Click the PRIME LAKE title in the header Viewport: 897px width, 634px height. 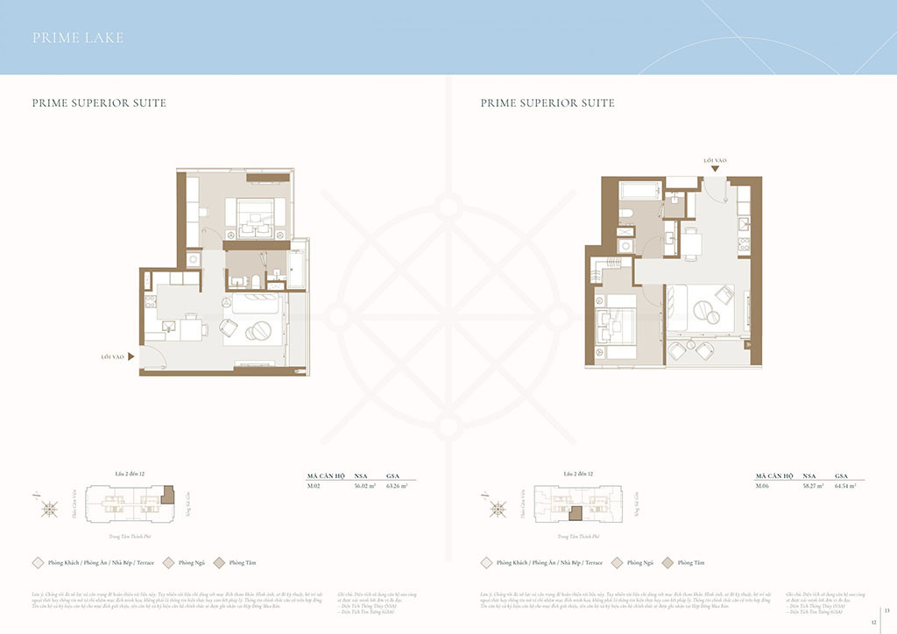[78, 38]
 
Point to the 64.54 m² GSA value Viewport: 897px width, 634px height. [844, 484]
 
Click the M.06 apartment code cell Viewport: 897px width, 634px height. [763, 484]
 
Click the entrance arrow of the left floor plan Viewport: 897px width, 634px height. [131, 356]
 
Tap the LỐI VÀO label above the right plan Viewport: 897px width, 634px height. [715, 161]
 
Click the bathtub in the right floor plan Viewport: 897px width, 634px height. [639, 191]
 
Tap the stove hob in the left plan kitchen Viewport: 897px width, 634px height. [150, 304]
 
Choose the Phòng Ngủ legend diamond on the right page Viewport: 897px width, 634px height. [618, 562]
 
